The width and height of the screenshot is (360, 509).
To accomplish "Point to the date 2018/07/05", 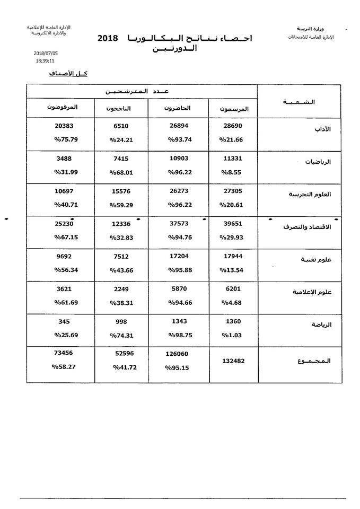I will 45,54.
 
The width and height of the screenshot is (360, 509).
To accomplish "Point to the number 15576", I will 121,191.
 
